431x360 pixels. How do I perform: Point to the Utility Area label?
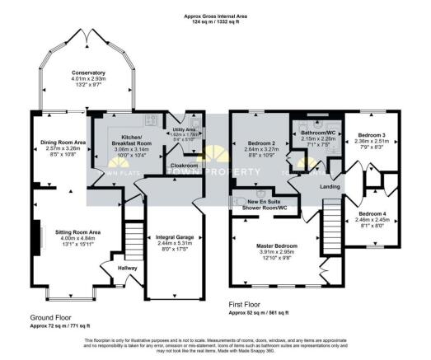click(183, 130)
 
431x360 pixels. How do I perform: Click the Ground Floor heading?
click(53, 316)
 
